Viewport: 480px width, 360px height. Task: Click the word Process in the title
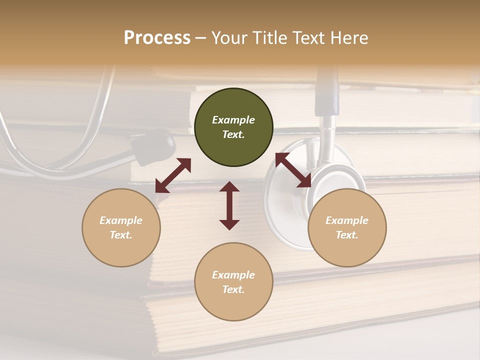click(157, 38)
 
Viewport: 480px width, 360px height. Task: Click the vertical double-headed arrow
click(229, 205)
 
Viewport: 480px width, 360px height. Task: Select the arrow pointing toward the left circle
click(173, 175)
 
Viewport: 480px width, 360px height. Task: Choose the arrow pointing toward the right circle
click(293, 170)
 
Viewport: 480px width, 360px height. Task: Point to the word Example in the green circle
click(233, 120)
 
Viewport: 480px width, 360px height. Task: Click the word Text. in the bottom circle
click(233, 289)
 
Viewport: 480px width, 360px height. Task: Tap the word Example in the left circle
click(121, 220)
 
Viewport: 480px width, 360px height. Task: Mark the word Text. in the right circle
click(347, 235)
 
